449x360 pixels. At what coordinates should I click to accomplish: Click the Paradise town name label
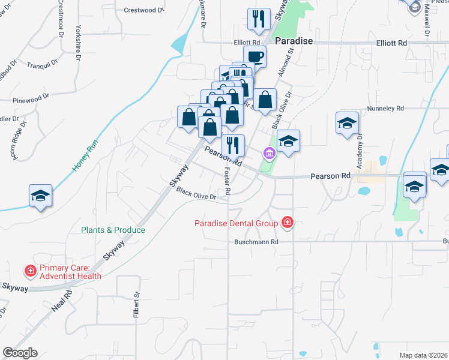point(295,41)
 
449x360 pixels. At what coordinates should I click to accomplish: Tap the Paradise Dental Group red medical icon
point(287,223)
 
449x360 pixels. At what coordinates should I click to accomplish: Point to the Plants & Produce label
point(113,230)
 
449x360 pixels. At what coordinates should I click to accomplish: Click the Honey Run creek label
point(85,156)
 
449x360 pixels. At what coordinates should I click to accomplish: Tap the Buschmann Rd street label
point(257,242)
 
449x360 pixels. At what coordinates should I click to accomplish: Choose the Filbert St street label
point(136,304)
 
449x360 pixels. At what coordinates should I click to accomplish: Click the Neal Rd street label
point(62,300)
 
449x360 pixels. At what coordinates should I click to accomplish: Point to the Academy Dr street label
point(360,152)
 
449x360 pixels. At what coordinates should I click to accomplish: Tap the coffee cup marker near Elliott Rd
point(255,57)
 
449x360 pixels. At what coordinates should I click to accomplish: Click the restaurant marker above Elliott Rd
point(259,19)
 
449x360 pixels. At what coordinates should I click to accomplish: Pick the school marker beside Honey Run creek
point(41,196)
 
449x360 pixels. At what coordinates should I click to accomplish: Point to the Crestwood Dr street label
point(144,10)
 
